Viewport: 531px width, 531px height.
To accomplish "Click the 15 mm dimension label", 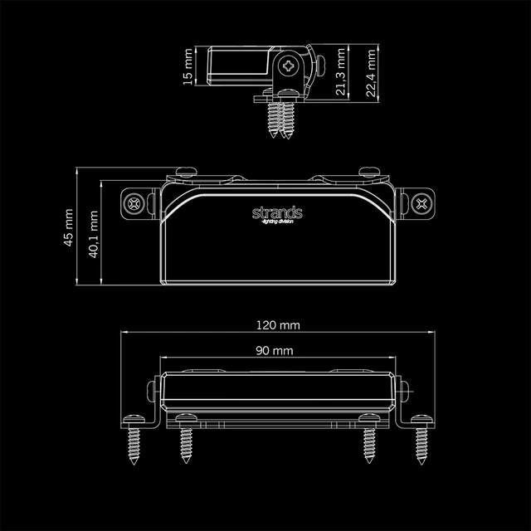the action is [188, 66].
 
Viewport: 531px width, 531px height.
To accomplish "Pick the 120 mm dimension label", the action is [277, 324].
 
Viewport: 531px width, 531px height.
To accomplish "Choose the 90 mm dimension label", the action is [274, 351].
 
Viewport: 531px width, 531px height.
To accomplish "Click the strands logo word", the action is [277, 213].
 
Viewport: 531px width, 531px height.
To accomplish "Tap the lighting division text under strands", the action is [277, 223].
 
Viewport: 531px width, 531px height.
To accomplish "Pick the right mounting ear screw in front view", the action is [422, 202].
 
